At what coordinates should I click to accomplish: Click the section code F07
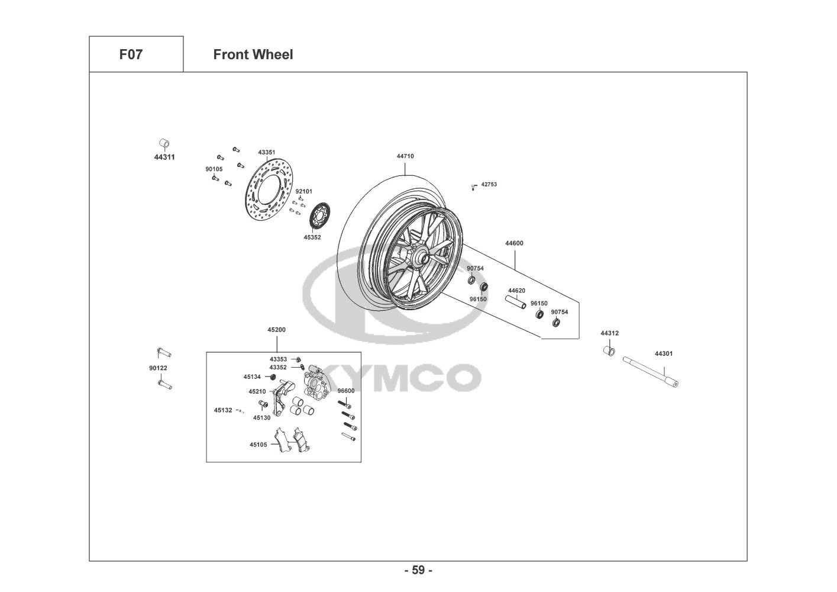tap(131, 54)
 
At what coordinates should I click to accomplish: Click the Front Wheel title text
tap(253, 54)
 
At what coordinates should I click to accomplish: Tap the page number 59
tap(418, 570)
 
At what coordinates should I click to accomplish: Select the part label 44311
tap(164, 157)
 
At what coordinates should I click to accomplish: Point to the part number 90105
tap(214, 169)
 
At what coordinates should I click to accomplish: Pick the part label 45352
tap(312, 237)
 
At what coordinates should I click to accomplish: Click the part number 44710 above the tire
tap(405, 156)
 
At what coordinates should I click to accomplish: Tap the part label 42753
tap(489, 184)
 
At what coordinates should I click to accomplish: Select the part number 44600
tap(514, 243)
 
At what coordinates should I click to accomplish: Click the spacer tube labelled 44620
tap(516, 302)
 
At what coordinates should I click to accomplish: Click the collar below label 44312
tap(609, 351)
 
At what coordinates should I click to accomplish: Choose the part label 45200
tap(276, 330)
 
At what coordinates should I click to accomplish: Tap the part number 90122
tap(158, 368)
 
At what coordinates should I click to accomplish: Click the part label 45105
tap(258, 445)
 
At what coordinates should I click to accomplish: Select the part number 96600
tap(346, 391)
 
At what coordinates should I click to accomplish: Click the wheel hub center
tap(425, 258)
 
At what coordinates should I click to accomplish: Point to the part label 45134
tap(252, 377)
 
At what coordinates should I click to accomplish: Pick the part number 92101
tap(304, 191)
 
